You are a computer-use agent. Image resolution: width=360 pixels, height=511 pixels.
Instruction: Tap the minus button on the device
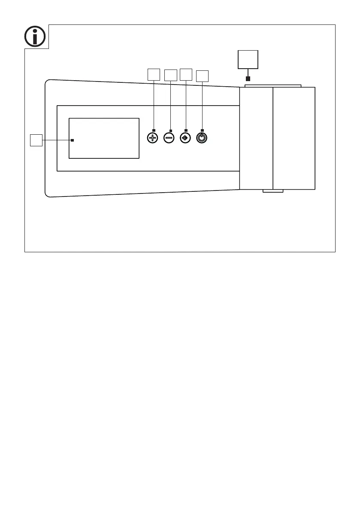(x=169, y=138)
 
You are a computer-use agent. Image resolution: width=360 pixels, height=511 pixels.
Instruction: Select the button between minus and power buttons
(x=185, y=138)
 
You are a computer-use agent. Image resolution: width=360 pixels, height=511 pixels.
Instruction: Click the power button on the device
(x=202, y=138)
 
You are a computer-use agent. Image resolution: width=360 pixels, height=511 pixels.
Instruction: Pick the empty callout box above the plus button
(x=154, y=74)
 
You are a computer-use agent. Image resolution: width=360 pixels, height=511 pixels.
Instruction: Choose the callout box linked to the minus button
(x=171, y=75)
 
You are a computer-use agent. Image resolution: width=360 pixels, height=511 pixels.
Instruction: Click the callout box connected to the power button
(x=202, y=76)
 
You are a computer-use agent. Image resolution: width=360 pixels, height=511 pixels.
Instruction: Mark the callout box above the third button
(x=186, y=74)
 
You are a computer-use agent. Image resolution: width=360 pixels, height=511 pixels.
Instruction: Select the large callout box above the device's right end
(x=248, y=59)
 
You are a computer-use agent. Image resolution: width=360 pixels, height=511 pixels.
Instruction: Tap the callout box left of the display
(x=36, y=140)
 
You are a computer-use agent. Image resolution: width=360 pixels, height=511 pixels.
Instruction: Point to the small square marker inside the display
(x=73, y=140)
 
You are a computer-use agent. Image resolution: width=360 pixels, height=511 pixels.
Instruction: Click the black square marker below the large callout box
(x=248, y=79)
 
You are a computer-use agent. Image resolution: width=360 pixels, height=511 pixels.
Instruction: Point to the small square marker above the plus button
(x=154, y=130)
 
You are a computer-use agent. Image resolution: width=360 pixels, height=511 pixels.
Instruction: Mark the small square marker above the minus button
(x=171, y=130)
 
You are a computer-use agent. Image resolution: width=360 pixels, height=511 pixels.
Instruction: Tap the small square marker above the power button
(x=202, y=130)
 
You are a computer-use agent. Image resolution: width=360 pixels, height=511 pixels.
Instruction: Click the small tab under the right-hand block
(x=273, y=191)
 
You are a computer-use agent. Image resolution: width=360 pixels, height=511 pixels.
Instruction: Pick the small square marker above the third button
(x=186, y=130)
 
